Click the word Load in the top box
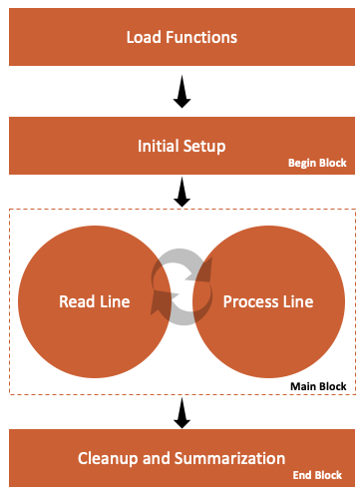click(144, 38)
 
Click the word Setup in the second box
click(205, 146)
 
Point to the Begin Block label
click(317, 163)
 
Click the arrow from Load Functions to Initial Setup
click(182, 93)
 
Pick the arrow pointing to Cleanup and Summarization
click(182, 411)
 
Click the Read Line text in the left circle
click(94, 301)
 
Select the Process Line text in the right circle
click(267, 301)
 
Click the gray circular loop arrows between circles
click(182, 288)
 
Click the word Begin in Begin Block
click(303, 163)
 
